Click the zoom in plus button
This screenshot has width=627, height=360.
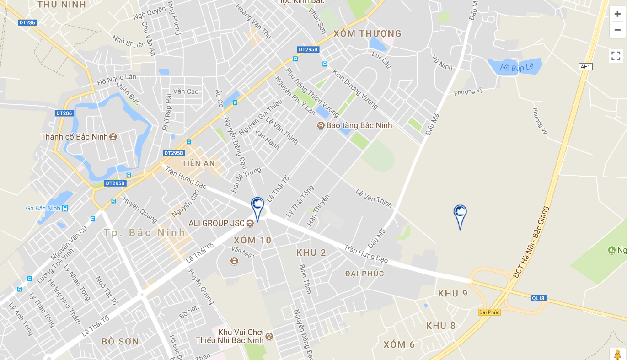[617, 14]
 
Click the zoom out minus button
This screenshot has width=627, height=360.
[617, 30]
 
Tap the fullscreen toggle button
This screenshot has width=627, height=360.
[616, 56]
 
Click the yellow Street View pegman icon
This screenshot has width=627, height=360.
[617, 355]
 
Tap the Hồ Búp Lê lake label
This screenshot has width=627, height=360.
[516, 67]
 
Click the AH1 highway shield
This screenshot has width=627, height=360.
[586, 67]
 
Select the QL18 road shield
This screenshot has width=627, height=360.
[538, 298]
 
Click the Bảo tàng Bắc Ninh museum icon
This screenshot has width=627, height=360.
[321, 125]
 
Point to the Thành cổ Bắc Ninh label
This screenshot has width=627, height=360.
[74, 137]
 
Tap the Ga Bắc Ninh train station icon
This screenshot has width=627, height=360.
[65, 208]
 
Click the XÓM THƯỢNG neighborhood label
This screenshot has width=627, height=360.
[367, 33]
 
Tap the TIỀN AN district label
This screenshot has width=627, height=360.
[198, 163]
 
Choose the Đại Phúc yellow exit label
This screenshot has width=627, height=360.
[489, 312]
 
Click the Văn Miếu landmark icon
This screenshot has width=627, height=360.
[234, 261]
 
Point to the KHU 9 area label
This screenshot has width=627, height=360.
[453, 293]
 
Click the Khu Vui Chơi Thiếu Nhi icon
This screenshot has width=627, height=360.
[269, 336]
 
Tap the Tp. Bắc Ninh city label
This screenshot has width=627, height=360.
[145, 232]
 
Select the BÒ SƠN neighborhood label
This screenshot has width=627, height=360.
[120, 341]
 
